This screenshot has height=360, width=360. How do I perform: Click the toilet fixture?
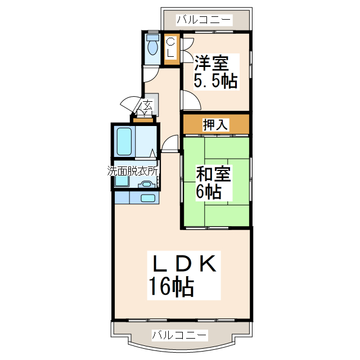point(152,44)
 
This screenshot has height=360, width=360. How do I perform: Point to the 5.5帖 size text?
point(215,80)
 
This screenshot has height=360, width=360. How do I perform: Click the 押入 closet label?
point(215,124)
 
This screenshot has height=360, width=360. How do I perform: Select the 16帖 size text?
point(171,287)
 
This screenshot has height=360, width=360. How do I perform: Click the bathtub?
point(124,141)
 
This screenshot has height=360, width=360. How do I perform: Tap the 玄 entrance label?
point(147,105)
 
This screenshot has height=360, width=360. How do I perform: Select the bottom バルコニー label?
point(179,335)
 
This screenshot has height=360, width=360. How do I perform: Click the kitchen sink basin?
point(148,198)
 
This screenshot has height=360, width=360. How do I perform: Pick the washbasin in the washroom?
point(147,183)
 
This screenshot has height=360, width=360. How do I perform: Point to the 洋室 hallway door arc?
point(190,100)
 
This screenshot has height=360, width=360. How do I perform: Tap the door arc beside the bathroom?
point(169,144)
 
